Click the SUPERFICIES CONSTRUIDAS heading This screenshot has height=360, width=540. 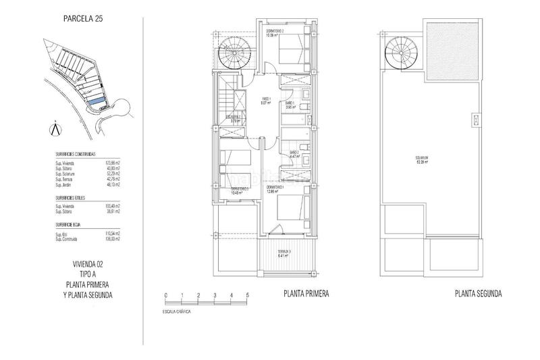pyautogui.click(x=80, y=154)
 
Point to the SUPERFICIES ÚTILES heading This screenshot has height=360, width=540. pyautogui.click(x=74, y=198)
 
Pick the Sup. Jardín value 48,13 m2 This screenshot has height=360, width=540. pyautogui.click(x=113, y=184)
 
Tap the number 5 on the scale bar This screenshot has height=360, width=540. pyautogui.click(x=247, y=296)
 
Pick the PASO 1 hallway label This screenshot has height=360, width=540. pyautogui.click(x=266, y=101)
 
